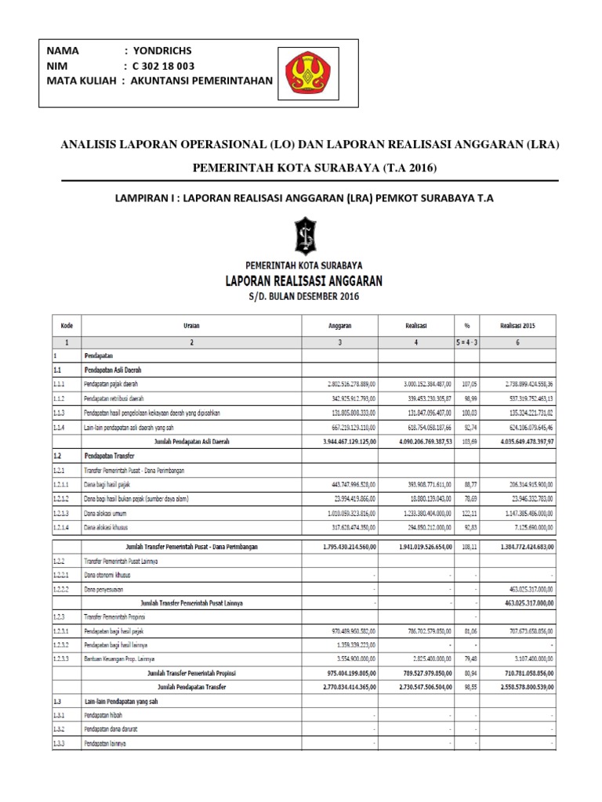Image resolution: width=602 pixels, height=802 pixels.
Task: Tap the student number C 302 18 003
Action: [165, 65]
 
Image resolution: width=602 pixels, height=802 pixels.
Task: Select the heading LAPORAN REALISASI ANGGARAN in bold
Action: [303, 279]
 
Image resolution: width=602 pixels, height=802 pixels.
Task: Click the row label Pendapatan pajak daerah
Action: [118, 385]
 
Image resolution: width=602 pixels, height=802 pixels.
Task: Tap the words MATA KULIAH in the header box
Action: [82, 80]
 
